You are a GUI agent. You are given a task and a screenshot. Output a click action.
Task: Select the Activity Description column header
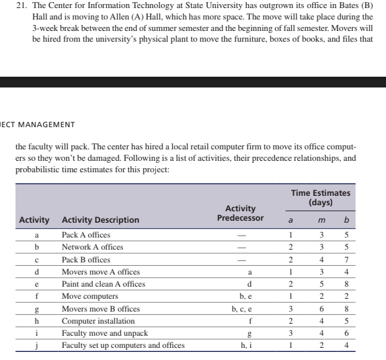click(x=100, y=220)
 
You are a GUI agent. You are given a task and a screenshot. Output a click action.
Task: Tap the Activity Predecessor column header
click(x=240, y=213)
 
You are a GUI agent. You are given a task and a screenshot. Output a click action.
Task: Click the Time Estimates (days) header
click(x=320, y=197)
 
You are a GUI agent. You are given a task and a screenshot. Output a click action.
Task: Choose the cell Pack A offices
click(x=86, y=235)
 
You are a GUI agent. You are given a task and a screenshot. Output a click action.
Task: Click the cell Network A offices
click(x=93, y=247)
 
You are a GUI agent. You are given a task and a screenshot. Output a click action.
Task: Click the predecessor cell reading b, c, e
click(x=240, y=309)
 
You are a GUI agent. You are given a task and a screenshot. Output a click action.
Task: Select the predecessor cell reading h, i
click(x=240, y=346)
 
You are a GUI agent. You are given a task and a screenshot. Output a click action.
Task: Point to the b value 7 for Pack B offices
click(x=346, y=260)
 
